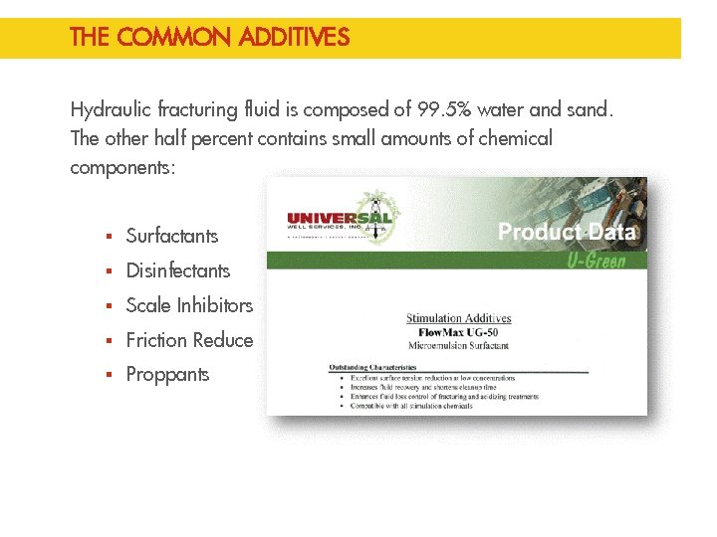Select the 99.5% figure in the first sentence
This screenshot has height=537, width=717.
(x=425, y=109)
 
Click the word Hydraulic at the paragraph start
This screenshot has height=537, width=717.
(x=109, y=109)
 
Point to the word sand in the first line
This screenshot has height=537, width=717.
(x=587, y=109)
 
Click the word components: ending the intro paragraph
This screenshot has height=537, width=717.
(x=122, y=167)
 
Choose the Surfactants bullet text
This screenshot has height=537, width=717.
(x=172, y=236)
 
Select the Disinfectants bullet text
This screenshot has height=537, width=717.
(x=178, y=270)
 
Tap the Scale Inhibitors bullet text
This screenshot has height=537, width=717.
(x=189, y=305)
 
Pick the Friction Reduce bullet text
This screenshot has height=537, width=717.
(x=189, y=340)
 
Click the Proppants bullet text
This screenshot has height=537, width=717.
(x=168, y=375)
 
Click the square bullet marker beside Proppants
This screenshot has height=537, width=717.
(x=109, y=376)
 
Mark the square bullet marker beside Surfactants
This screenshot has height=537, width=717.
(x=109, y=237)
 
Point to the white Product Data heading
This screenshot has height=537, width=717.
(x=566, y=233)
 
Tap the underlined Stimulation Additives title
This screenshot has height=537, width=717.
(x=458, y=318)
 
